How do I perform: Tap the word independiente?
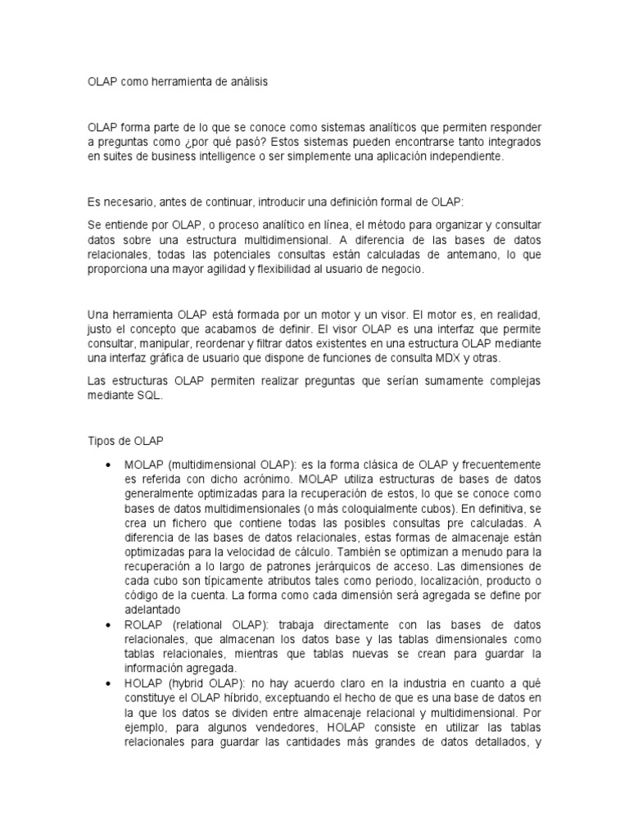[x=457, y=156]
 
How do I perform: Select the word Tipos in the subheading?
[x=102, y=440]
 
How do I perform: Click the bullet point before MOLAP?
[x=109, y=465]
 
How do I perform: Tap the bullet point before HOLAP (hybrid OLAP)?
[x=109, y=683]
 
